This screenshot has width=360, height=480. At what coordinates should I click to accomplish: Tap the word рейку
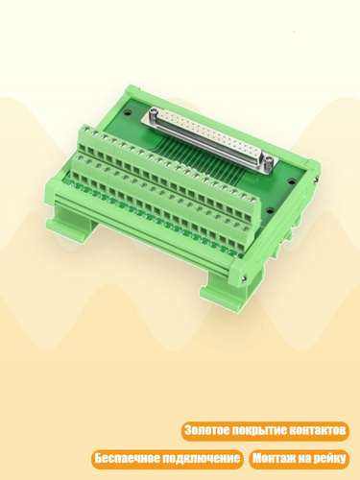point(329,459)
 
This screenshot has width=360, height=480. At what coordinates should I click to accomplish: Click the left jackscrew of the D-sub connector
point(152,111)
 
